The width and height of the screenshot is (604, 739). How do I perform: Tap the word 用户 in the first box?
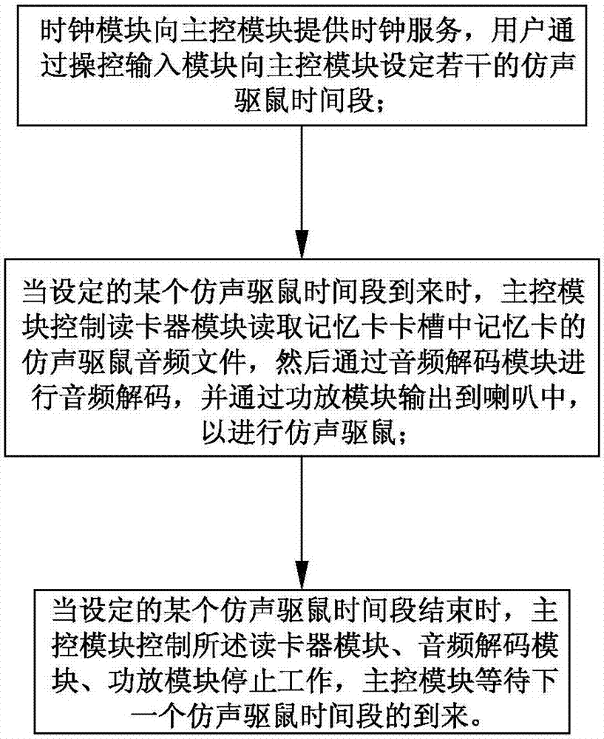tap(515, 33)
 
